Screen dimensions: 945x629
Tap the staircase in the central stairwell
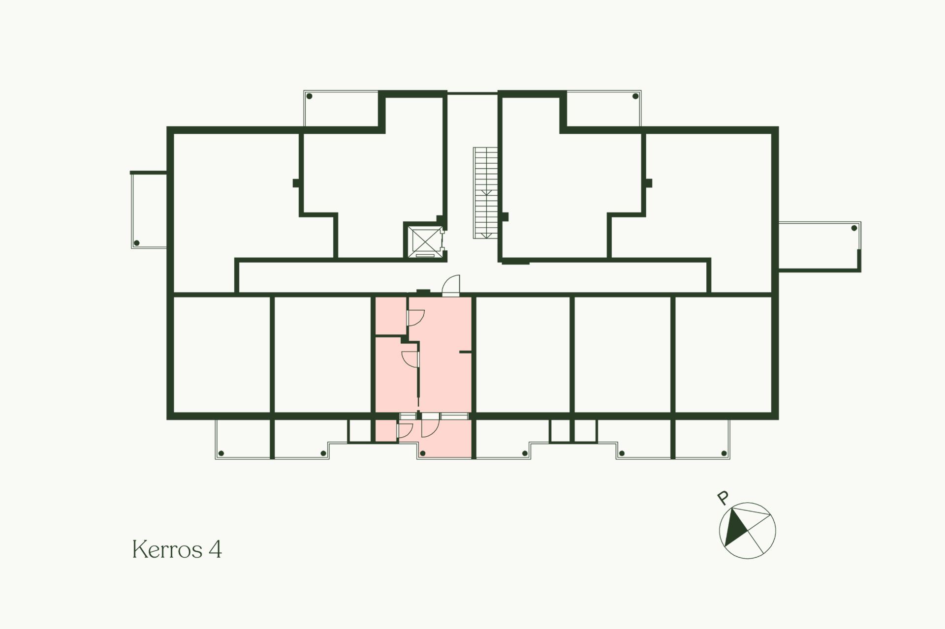coord(485,193)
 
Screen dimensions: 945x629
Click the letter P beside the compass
coord(723,498)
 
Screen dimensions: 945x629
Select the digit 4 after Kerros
coord(216,549)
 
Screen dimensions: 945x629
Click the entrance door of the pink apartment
coord(451,286)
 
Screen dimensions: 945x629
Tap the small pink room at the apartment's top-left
coord(391,316)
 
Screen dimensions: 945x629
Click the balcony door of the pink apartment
coord(430,425)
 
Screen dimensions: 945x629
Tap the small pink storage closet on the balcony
coord(386,431)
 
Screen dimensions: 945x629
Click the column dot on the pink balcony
coord(422,453)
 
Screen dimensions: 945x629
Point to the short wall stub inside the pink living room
coord(466,352)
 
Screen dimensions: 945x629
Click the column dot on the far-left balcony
coord(137,243)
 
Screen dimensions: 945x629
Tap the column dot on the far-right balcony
coord(854,228)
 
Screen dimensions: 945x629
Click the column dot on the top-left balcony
coord(309,96)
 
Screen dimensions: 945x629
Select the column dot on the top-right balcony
coord(635,96)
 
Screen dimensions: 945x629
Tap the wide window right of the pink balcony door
coord(453,416)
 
